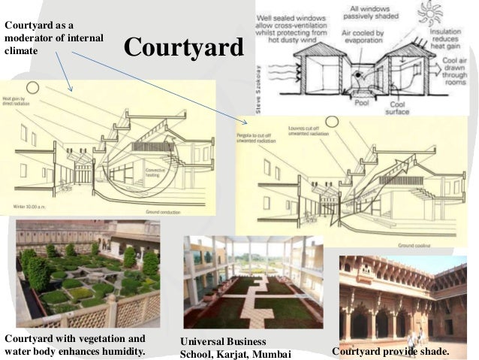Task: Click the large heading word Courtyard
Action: point(184,47)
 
